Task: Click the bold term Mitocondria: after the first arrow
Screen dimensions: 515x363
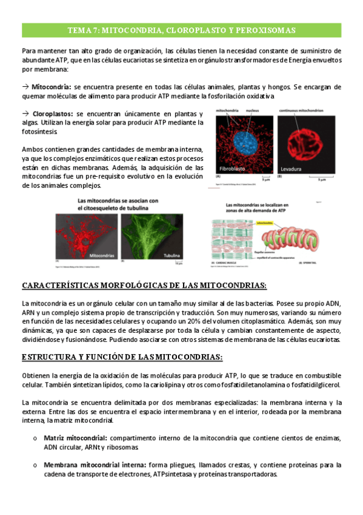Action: pyautogui.click(x=52, y=87)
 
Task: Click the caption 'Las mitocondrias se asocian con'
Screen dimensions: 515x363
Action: pyautogui.click(x=118, y=200)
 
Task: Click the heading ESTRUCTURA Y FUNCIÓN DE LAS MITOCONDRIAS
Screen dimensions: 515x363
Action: pyautogui.click(x=122, y=356)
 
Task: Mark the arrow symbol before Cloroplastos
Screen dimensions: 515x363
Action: pyautogui.click(x=25, y=114)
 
